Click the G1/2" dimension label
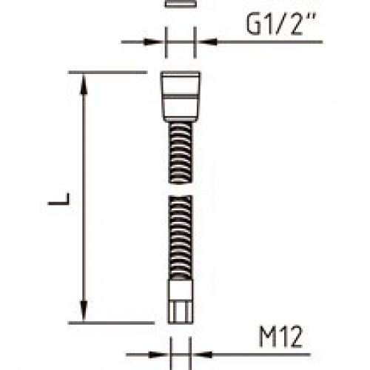[281, 24]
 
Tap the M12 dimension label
[280, 337]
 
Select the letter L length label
[59, 199]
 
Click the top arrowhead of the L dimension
[84, 84]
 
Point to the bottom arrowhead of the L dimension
[84, 311]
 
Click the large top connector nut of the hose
[181, 96]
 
